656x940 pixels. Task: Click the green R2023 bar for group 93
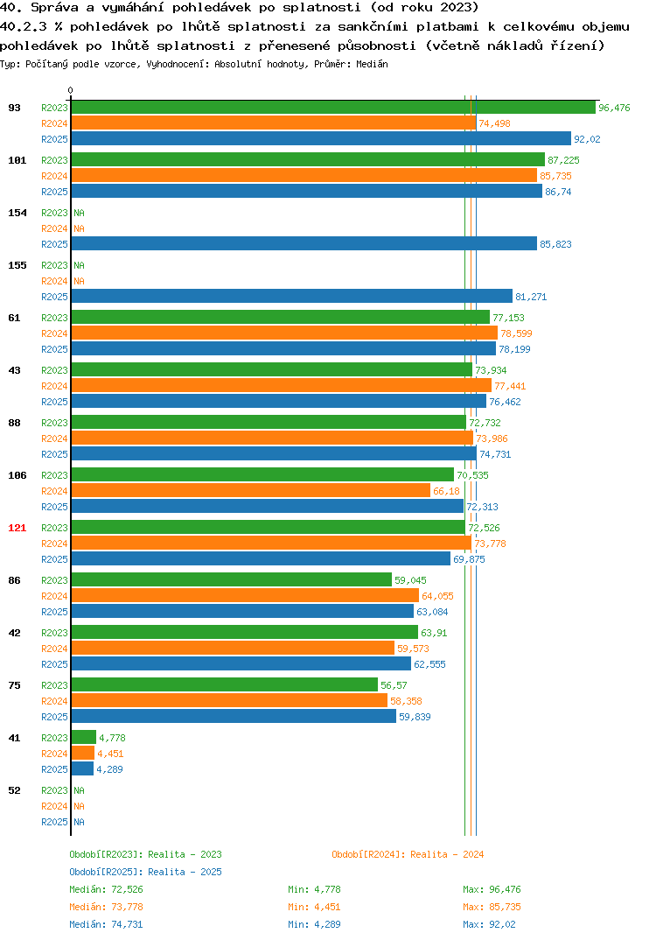[x=333, y=108]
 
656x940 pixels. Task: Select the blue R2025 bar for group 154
[x=304, y=244]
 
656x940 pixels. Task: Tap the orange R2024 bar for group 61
[x=284, y=333]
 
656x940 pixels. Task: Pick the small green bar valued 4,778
[x=84, y=737]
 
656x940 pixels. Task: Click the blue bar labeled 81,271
[x=292, y=296]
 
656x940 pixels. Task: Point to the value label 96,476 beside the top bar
[x=614, y=108]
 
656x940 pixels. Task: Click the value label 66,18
[x=446, y=491]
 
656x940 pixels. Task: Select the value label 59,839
[x=415, y=717]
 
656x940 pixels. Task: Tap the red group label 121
[x=17, y=528]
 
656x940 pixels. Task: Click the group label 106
[x=17, y=475]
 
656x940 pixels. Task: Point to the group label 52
[x=14, y=790]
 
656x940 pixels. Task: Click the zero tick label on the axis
[x=70, y=90]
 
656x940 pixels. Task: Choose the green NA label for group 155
[x=79, y=265]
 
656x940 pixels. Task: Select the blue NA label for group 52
[x=79, y=822]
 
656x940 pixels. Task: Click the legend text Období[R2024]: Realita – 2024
[x=408, y=854]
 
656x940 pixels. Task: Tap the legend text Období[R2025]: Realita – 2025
[x=145, y=872]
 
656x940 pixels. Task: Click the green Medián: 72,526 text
[x=106, y=889]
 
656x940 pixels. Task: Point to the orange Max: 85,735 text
[x=492, y=907]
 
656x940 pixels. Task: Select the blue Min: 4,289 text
[x=314, y=924]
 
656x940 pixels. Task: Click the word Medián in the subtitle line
[x=372, y=64]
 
